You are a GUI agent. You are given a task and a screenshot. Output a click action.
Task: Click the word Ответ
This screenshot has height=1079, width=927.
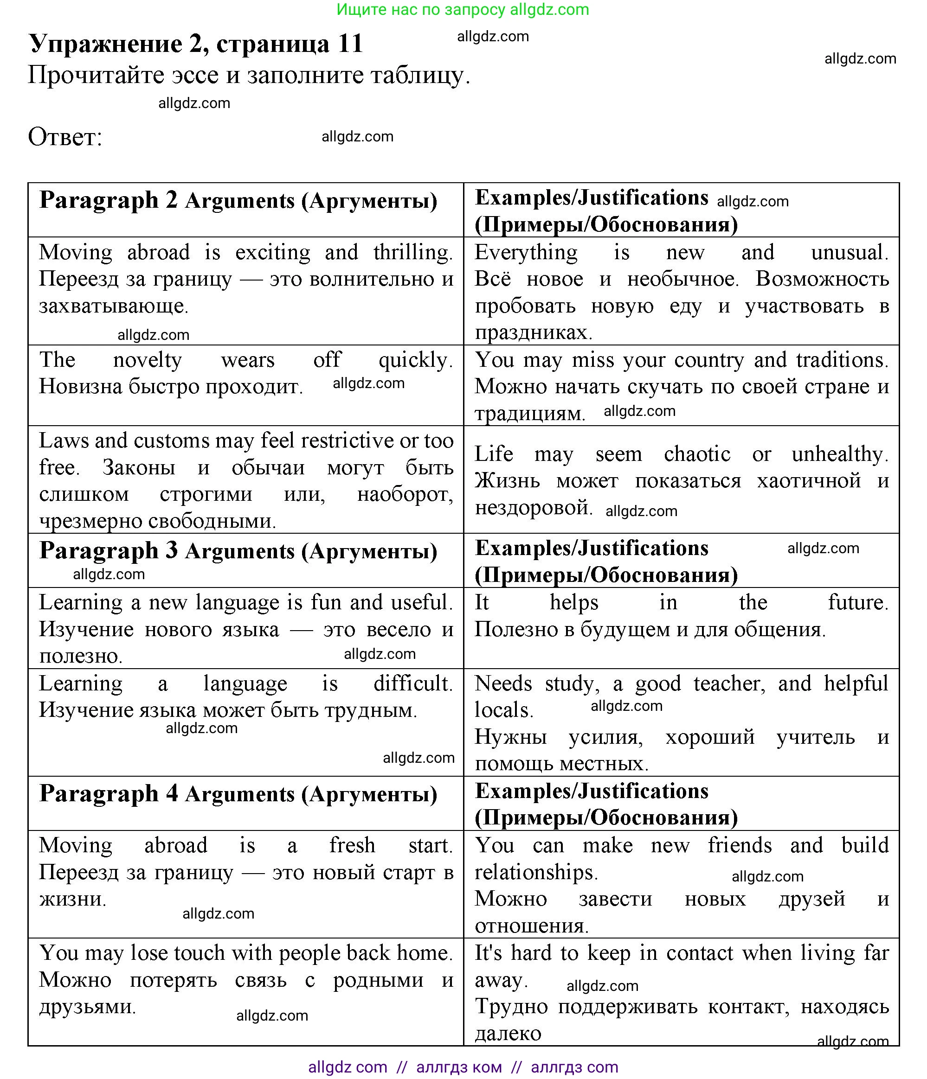(64, 137)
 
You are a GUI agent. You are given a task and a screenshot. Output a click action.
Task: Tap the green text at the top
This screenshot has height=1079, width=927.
(463, 9)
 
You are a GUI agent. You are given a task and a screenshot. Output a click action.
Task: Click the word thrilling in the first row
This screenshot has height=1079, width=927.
(412, 253)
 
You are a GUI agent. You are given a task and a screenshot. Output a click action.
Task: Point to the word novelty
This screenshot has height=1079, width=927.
(148, 360)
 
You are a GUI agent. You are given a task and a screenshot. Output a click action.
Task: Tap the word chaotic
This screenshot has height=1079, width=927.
(697, 454)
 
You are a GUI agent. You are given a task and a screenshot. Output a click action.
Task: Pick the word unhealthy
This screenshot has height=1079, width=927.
(838, 454)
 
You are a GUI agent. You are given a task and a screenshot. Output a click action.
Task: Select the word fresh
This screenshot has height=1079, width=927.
(352, 845)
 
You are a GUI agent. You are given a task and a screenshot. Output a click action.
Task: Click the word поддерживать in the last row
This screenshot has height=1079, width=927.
(627, 1007)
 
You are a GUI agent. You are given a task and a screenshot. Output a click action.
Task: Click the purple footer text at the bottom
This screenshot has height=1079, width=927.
(463, 1067)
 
